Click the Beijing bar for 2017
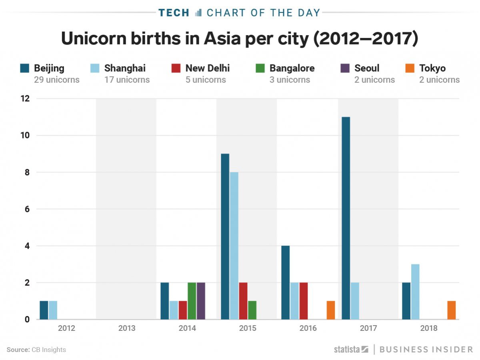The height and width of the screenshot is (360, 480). pyautogui.click(x=346, y=218)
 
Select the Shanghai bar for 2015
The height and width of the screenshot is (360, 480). pyautogui.click(x=234, y=246)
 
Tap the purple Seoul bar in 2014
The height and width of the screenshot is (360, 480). pyautogui.click(x=201, y=301)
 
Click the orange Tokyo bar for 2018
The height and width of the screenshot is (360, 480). pyautogui.click(x=451, y=310)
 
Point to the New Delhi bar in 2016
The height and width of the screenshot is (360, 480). pyautogui.click(x=303, y=301)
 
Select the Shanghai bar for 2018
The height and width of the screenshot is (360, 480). pyautogui.click(x=415, y=292)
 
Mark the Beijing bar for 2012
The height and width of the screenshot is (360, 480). pyautogui.click(x=44, y=310)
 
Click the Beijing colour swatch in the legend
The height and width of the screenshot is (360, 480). pyautogui.click(x=25, y=68)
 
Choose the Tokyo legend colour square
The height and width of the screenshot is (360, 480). pyautogui.click(x=410, y=68)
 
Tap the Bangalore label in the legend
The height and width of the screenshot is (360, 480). pyautogui.click(x=292, y=68)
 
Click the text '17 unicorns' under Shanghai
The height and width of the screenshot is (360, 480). pyautogui.click(x=127, y=80)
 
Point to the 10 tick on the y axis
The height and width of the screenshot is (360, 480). pyautogui.click(x=25, y=136)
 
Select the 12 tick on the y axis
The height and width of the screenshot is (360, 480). pyautogui.click(x=25, y=99)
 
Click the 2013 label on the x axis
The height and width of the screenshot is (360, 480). pyautogui.click(x=127, y=328)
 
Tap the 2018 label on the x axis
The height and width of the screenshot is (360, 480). pyautogui.click(x=429, y=328)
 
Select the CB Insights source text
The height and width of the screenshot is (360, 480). pyautogui.click(x=48, y=350)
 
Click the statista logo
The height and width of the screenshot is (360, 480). pyautogui.click(x=351, y=349)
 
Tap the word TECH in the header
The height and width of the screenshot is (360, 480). pyautogui.click(x=174, y=13)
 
